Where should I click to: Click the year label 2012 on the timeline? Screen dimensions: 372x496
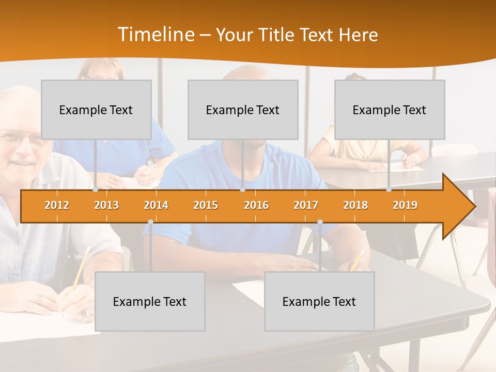pyautogui.click(x=57, y=205)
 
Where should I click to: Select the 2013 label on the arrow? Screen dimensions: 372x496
pyautogui.click(x=106, y=205)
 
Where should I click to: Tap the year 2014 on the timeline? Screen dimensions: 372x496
pyautogui.click(x=156, y=205)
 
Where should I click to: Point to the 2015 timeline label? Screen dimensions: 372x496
pyautogui.click(x=206, y=205)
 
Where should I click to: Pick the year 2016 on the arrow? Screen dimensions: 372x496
pyautogui.click(x=256, y=205)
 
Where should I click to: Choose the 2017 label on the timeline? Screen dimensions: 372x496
pyautogui.click(x=306, y=205)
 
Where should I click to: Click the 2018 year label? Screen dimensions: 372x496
pyautogui.click(x=355, y=205)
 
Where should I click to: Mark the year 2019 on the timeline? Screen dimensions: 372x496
pyautogui.click(x=405, y=205)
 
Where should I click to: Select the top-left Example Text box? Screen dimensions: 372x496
pyautogui.click(x=96, y=110)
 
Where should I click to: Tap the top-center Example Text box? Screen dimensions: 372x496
pyautogui.click(x=243, y=110)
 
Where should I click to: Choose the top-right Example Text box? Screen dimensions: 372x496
pyautogui.click(x=390, y=110)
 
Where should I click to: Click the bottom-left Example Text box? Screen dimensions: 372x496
pyautogui.click(x=150, y=301)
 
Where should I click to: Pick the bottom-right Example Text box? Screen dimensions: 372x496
pyautogui.click(x=319, y=301)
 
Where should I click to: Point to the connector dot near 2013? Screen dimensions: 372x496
pyautogui.click(x=96, y=190)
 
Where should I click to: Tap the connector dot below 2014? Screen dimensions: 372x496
pyautogui.click(x=150, y=222)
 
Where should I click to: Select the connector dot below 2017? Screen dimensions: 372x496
pyautogui.click(x=320, y=222)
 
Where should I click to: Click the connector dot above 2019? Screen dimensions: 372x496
pyautogui.click(x=389, y=190)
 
